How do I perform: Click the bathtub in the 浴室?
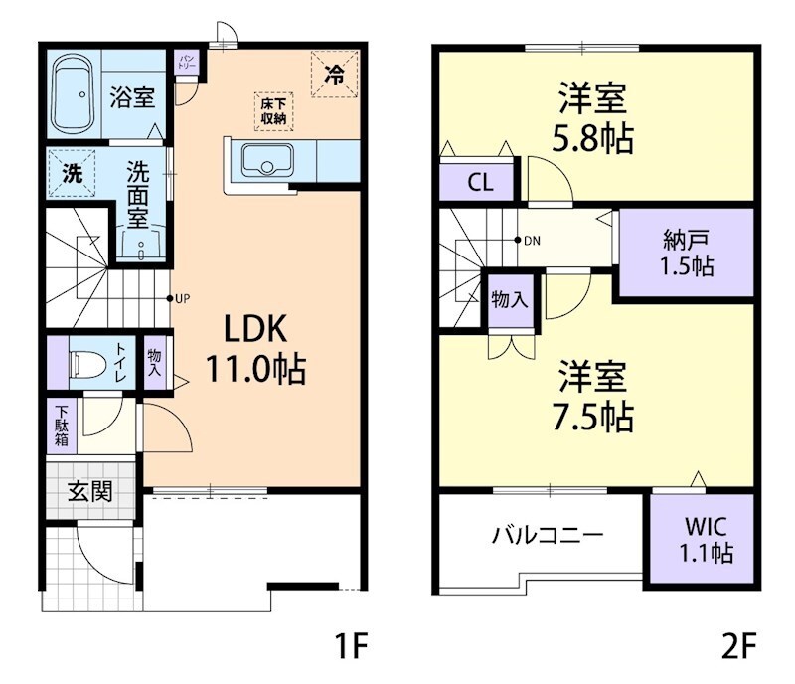point(73,96)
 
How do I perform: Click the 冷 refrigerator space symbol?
point(335,74)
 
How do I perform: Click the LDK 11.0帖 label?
point(254,348)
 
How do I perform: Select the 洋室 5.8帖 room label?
point(593,117)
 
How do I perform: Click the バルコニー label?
point(548,535)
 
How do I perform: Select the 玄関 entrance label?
point(89,489)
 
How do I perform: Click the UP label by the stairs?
point(182,297)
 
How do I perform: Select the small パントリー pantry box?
point(188,63)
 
